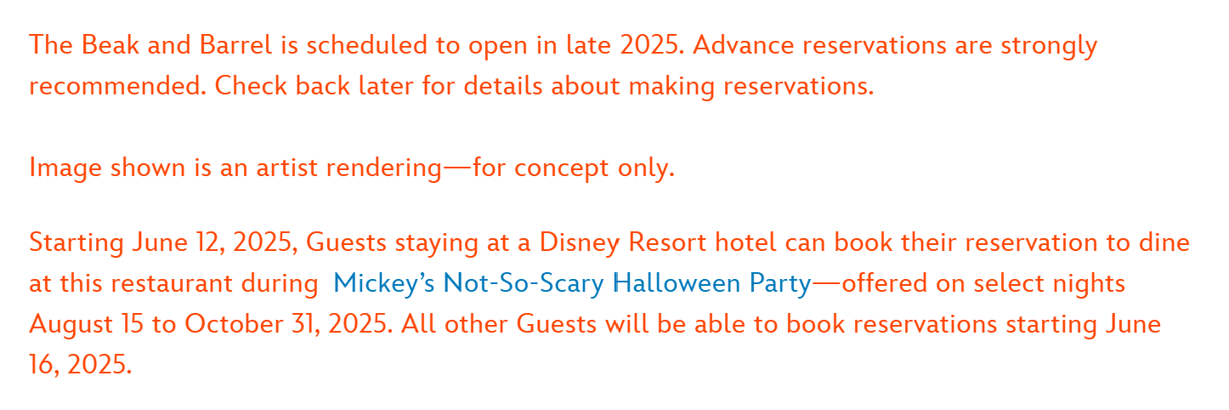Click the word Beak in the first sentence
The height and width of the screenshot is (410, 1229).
pyautogui.click(x=110, y=45)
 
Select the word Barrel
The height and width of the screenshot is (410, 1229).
pyautogui.click(x=236, y=45)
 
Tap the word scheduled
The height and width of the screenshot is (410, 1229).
pyautogui.click(x=366, y=45)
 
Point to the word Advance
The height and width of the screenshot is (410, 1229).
pyautogui.click(x=744, y=45)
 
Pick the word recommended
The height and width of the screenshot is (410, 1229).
pyautogui.click(x=118, y=86)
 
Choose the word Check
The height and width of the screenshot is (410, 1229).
pyautogui.click(x=251, y=86)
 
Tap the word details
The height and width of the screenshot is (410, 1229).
pyautogui.click(x=503, y=86)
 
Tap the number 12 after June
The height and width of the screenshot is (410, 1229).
pyautogui.click(x=210, y=243)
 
